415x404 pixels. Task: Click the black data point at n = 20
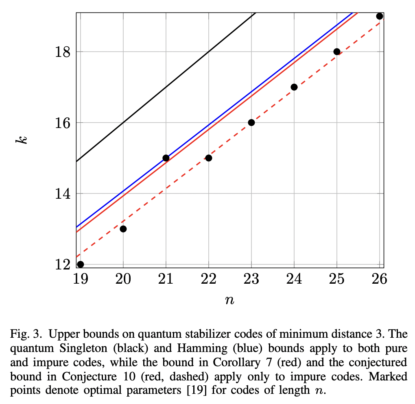tap(123, 229)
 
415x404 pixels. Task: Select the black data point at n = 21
tap(166, 158)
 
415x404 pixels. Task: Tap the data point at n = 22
tap(209, 158)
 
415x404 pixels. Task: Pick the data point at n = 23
tap(251, 123)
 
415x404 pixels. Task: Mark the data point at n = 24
tap(294, 87)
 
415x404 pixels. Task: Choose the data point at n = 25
tap(336, 52)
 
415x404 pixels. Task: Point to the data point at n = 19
tap(81, 264)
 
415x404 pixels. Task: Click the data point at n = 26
tap(379, 16)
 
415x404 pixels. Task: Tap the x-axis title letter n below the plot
tap(229, 301)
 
